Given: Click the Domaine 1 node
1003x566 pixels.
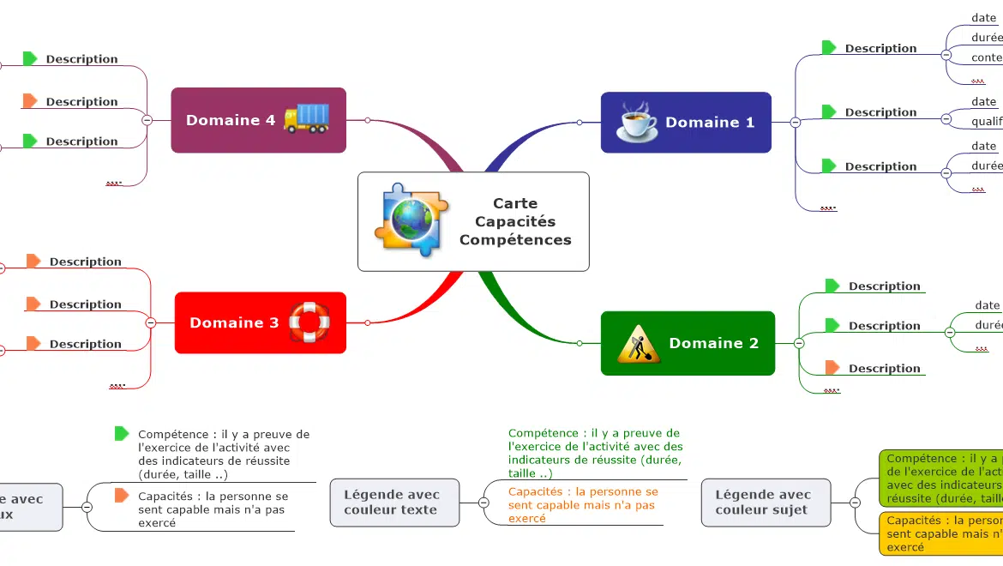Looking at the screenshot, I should coord(686,123).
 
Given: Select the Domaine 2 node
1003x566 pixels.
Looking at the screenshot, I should coord(688,343).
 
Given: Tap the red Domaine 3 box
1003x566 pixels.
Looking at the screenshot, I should coord(260,322).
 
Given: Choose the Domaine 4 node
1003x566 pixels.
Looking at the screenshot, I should coord(258,120).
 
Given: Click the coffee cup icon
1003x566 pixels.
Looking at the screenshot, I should coord(637,123).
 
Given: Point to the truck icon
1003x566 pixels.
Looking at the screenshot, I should coord(306,118).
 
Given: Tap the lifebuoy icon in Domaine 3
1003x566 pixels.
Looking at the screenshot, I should coord(309,322).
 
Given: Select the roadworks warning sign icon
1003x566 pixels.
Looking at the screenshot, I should coord(638,344).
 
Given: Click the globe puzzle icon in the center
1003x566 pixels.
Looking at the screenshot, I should coord(411,220).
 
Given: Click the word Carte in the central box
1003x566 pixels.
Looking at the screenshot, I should coord(515,203).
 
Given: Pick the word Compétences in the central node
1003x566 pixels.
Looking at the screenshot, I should coord(515,240).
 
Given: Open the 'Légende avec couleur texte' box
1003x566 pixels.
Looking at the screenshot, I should coord(391,502).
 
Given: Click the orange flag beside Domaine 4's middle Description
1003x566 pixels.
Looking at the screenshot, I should coord(30,101).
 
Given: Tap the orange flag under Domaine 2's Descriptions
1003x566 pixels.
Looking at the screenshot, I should coord(832,368).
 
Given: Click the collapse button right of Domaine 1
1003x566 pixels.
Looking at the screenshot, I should coord(795,123).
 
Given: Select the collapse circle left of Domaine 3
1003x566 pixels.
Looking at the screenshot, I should coord(151,323).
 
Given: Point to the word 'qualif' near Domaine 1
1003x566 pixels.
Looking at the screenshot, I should coord(987,122).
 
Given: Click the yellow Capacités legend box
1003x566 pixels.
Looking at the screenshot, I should coord(941,533).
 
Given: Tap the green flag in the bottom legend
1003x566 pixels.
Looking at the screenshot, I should coord(122,434).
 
